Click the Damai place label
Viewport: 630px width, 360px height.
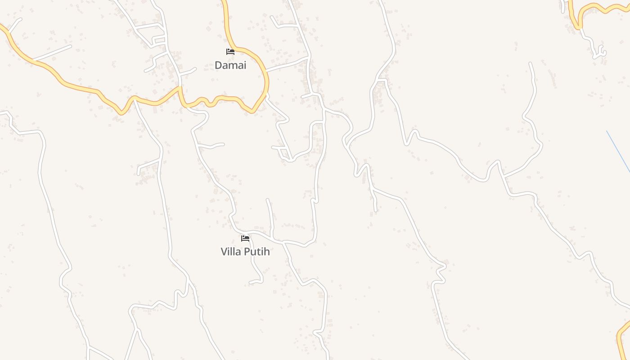[x=230, y=65]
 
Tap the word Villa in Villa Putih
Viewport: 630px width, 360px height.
[x=231, y=252]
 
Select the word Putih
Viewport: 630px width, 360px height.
[x=257, y=252]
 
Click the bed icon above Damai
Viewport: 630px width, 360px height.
[x=230, y=52]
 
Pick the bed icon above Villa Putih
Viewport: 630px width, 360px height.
[x=245, y=238]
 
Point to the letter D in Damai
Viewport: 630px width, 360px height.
[x=218, y=65]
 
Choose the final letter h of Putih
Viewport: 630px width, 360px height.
[x=267, y=252]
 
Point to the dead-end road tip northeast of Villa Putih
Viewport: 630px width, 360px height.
[x=268, y=200]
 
